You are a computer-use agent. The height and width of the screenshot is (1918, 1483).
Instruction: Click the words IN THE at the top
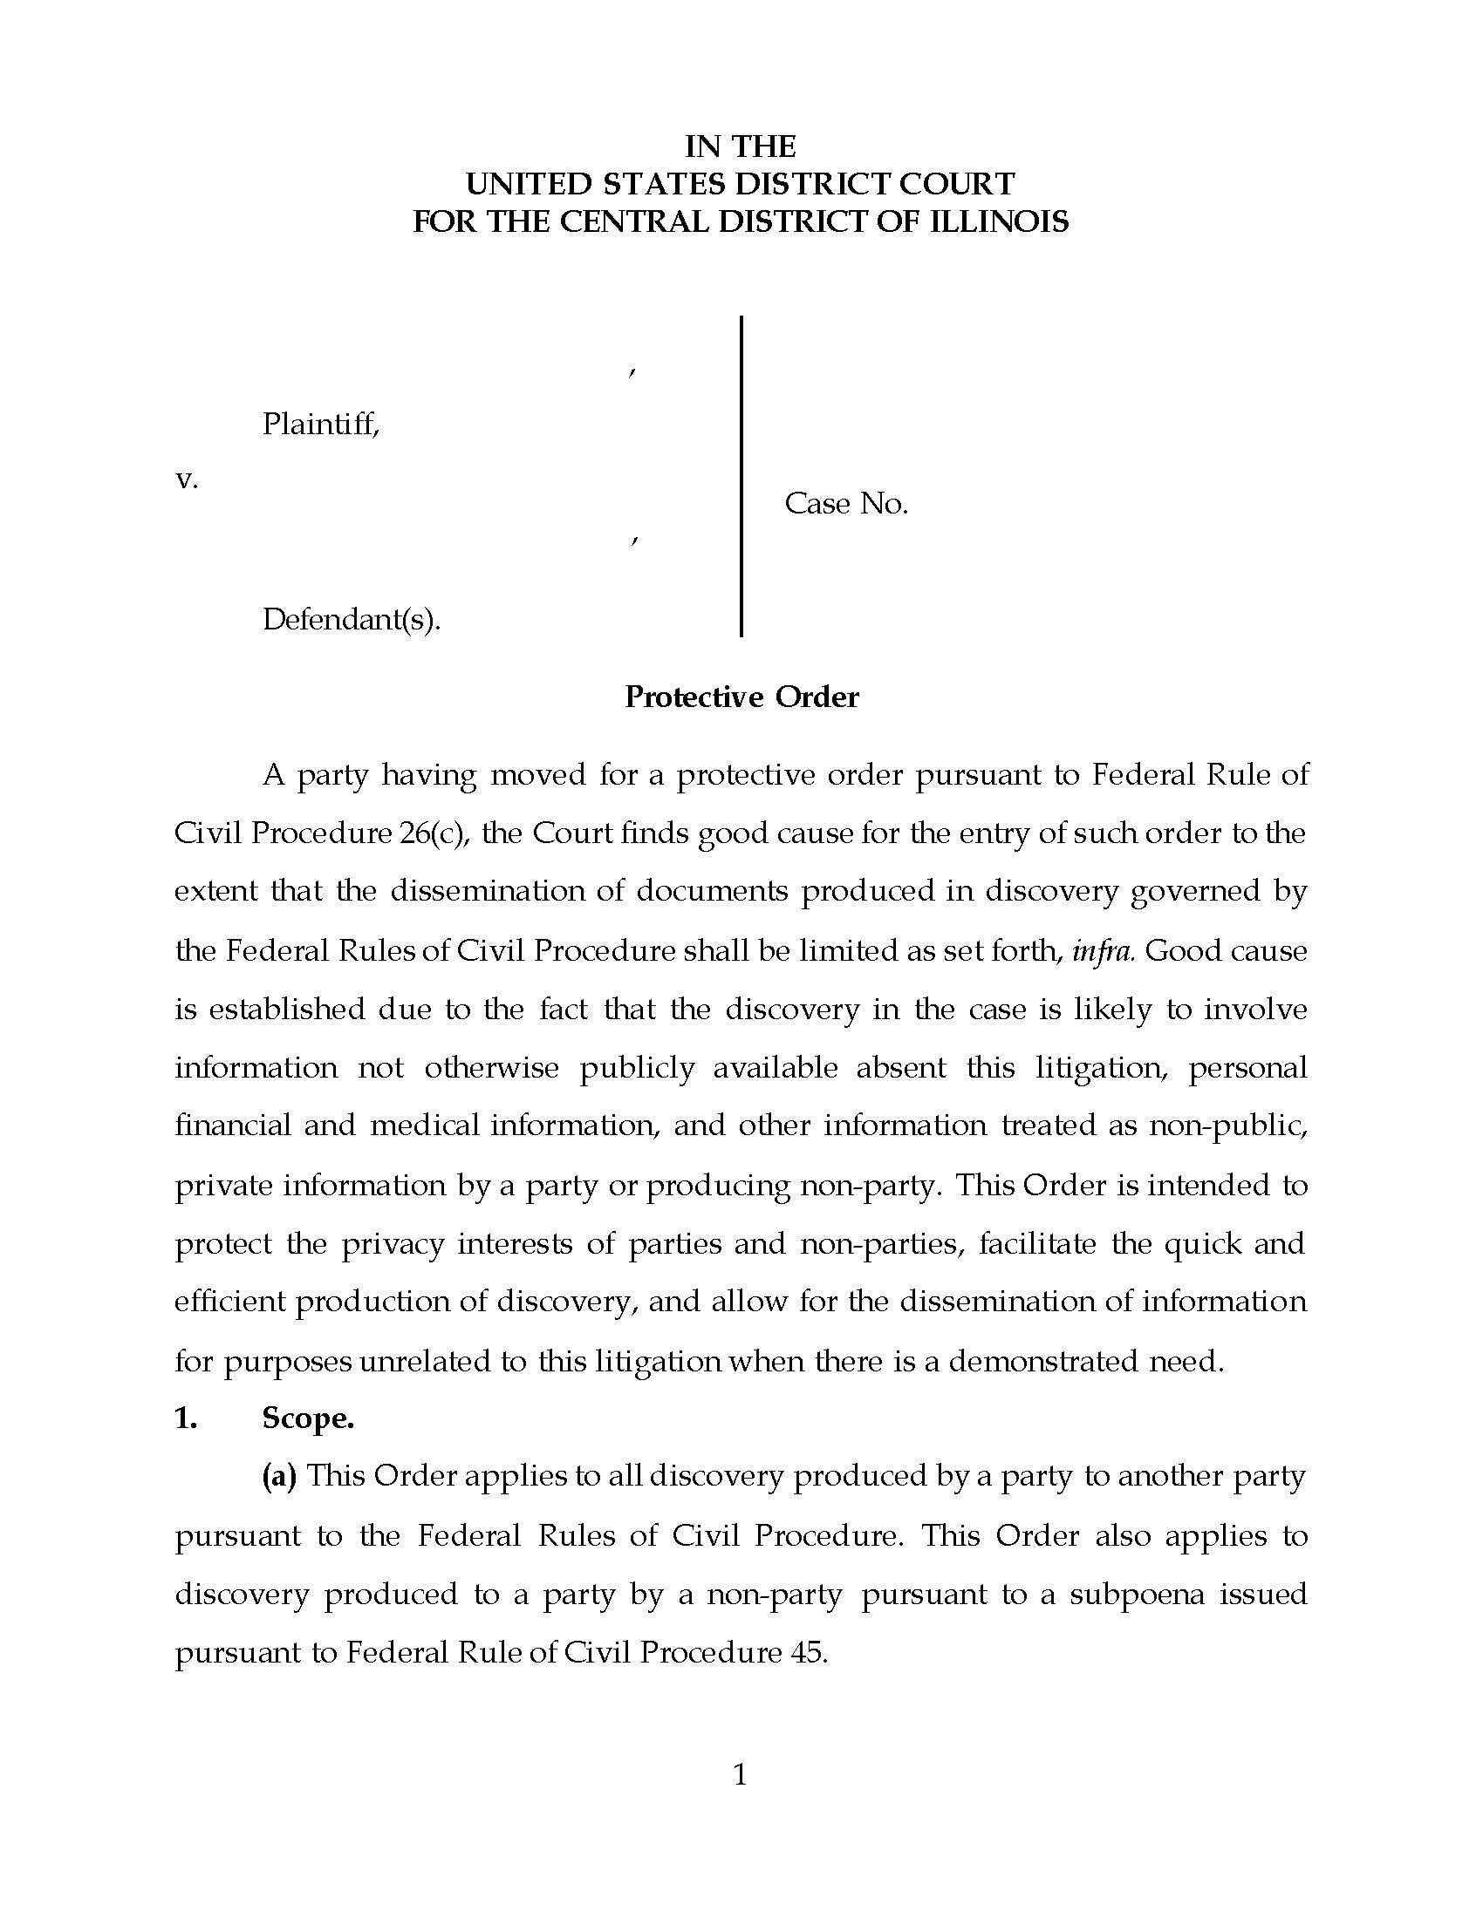(x=740, y=146)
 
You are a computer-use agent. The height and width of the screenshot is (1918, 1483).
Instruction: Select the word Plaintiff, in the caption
(x=321, y=425)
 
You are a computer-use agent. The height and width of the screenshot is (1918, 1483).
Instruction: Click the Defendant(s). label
(x=352, y=621)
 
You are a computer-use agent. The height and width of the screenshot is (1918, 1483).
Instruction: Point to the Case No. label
(x=845, y=504)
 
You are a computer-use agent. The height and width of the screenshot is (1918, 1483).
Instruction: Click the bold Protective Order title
(x=741, y=697)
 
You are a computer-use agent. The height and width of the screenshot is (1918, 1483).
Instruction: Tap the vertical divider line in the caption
(x=741, y=474)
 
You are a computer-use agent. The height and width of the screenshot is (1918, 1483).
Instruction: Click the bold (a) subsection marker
(x=280, y=1477)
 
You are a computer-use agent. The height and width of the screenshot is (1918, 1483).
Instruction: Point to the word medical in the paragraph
(x=423, y=1126)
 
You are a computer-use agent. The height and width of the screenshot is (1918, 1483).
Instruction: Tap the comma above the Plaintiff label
(x=632, y=372)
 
